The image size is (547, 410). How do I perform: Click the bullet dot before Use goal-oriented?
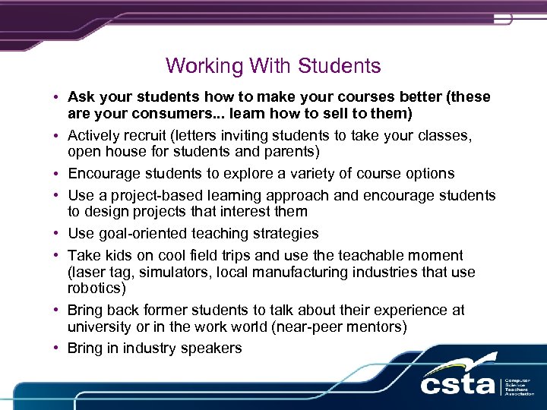point(57,234)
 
